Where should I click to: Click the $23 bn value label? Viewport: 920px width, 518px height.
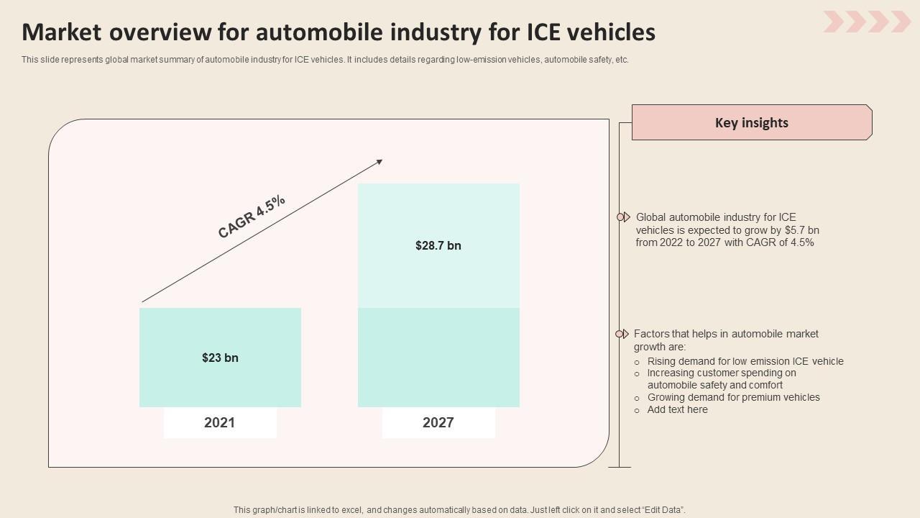tap(220, 358)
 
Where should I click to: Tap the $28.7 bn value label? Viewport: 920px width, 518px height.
tap(438, 245)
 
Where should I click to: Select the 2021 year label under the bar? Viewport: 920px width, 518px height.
tap(219, 422)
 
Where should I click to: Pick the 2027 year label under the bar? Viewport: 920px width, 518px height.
tap(438, 422)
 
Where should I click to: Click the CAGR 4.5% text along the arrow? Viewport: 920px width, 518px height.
tap(252, 216)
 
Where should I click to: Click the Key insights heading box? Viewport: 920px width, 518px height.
tap(751, 122)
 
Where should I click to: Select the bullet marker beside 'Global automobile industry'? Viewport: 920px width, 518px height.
tap(622, 217)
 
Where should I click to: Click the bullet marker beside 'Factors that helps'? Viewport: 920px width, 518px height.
tap(622, 334)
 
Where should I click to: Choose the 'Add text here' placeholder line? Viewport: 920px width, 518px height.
tap(677, 409)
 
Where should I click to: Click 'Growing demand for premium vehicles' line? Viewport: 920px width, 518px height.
tap(733, 397)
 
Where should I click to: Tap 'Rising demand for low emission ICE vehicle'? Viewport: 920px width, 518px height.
tap(745, 361)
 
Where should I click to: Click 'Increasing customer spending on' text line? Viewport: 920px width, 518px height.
tap(722, 373)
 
